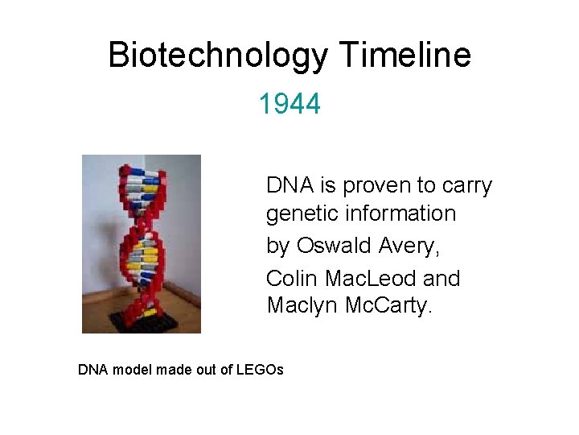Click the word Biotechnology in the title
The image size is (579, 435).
pos(218,56)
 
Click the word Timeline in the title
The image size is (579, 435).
pos(405,56)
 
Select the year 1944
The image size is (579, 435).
pos(289,103)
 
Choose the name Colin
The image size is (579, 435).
pos(294,278)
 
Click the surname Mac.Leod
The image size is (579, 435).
pos(371,278)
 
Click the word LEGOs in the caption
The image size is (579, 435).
pos(261,370)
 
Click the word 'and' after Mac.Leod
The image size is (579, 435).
pos(441,278)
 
